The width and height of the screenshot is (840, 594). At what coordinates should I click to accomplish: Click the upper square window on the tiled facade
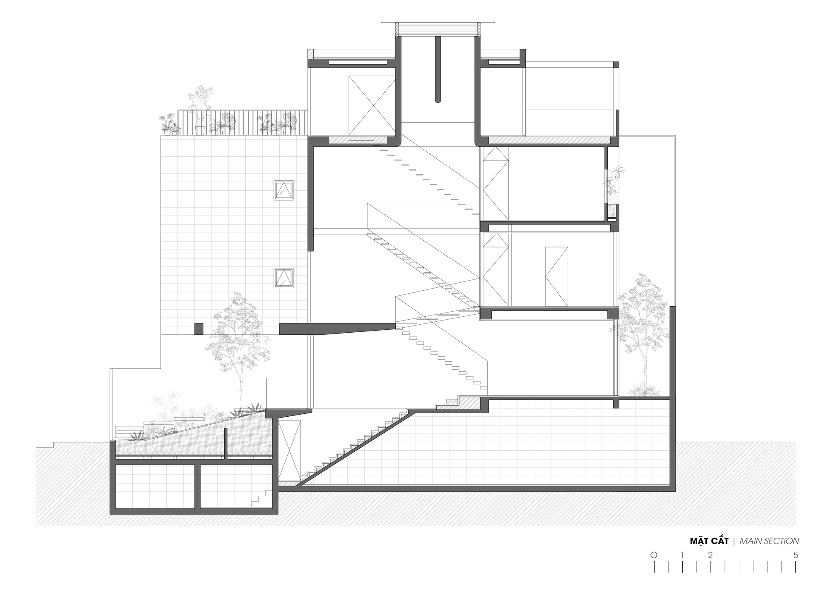pos(283,190)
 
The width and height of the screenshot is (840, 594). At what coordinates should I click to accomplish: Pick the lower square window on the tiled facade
pos(284,278)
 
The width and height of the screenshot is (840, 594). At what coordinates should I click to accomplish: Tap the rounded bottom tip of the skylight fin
pos(438,100)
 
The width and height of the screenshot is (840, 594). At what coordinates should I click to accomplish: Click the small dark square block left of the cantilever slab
pos(199,329)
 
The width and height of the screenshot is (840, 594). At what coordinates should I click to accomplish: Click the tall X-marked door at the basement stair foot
pos(290,449)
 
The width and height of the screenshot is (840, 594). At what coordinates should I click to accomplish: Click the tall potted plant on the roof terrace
pos(200,107)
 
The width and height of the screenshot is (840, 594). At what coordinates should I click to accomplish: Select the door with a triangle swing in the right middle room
pos(556,276)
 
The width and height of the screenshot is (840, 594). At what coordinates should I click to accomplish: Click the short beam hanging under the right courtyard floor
pos(616,404)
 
